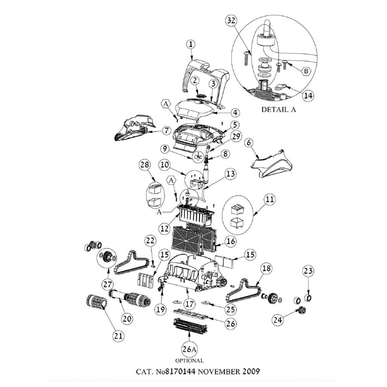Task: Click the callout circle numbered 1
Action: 191,44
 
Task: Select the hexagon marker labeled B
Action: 305,71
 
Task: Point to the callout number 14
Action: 306,95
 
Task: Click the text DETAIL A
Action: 279,110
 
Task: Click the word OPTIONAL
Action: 189,360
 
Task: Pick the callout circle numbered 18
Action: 266,268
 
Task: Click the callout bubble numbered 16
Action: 230,242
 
